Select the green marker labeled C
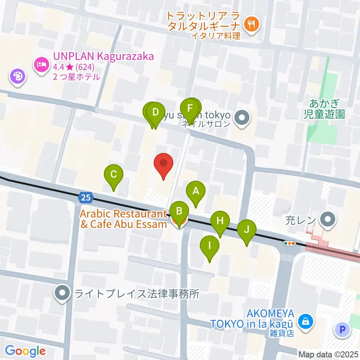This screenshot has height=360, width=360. point(114,175)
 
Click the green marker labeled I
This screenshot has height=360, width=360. point(210,246)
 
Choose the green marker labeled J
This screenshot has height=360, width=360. point(247,229)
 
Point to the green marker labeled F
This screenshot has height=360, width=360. point(190,109)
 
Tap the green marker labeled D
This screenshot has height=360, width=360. point(156,112)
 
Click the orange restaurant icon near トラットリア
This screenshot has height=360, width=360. point(250,25)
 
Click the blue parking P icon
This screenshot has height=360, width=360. point(342,330)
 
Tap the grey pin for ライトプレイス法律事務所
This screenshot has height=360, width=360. point(62,293)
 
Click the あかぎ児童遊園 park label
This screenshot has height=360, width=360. point(324,108)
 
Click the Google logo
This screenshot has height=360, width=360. point(25,351)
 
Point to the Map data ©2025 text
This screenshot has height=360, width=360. point(328,354)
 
